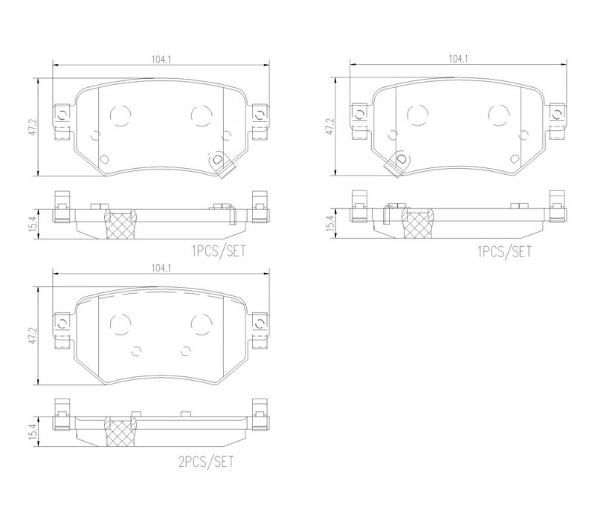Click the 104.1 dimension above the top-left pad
pos(161,59)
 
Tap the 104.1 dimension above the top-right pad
pos(458,59)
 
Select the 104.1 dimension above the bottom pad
pos(161,268)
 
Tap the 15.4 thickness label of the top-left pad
pos(33,224)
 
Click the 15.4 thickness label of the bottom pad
pos(33,432)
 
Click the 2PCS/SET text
pos(206,462)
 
